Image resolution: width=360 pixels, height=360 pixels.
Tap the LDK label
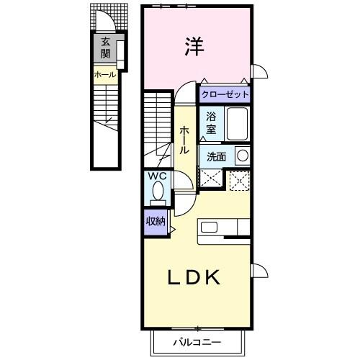click(194, 277)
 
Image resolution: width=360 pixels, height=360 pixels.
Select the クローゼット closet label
click(225, 94)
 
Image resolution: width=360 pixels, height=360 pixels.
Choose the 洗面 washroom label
click(217, 156)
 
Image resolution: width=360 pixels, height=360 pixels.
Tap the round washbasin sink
click(243, 155)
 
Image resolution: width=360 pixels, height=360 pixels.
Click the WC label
click(158, 176)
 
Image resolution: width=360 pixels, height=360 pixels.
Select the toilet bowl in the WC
click(158, 192)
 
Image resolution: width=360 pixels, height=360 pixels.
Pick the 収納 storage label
click(155, 221)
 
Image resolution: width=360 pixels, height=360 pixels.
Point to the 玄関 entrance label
click(105, 48)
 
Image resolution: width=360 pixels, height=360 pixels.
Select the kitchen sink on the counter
click(210, 227)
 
